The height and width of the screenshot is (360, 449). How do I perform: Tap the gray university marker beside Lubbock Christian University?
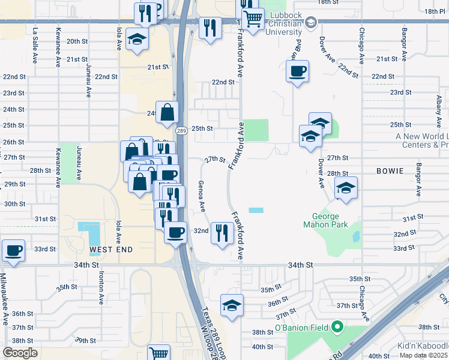(310, 23)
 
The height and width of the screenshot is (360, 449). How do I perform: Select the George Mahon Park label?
(330, 221)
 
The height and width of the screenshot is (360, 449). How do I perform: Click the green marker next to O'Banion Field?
(337, 328)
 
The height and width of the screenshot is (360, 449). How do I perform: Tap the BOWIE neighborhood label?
(390, 171)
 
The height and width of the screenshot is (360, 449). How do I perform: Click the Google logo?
(20, 352)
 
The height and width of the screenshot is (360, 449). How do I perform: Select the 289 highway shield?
(181, 131)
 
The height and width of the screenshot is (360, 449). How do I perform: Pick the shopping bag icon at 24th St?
(167, 112)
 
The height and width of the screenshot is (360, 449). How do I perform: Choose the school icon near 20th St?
(137, 40)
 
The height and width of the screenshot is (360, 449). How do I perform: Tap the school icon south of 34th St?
(232, 305)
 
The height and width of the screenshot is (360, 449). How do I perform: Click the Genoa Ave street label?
(202, 196)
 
